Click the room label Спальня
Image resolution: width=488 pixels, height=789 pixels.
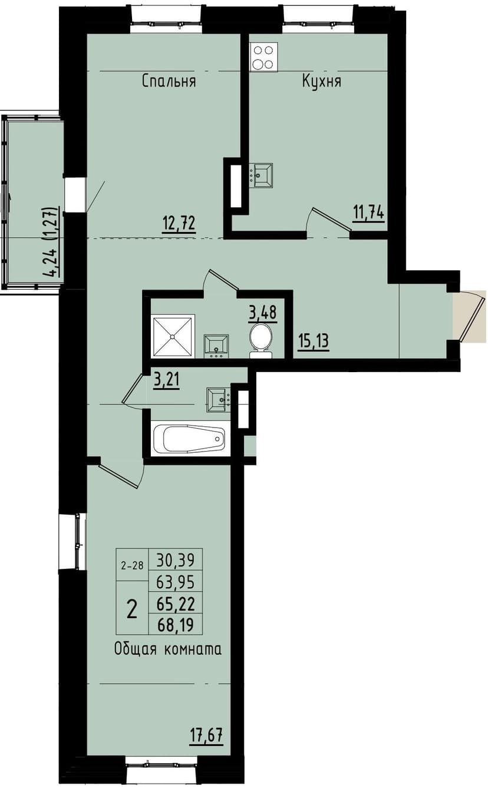(169, 81)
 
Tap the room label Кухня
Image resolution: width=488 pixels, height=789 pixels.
(322, 81)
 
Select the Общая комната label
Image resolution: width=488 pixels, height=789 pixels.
(168, 649)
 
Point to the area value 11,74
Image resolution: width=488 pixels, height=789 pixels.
(368, 211)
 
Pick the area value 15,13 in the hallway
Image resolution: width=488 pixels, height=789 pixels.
(311, 342)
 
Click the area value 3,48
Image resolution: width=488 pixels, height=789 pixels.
(263, 311)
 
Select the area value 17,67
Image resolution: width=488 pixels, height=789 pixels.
(206, 735)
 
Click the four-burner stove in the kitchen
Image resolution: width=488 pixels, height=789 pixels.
(263, 57)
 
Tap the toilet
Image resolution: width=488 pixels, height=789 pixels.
(261, 341)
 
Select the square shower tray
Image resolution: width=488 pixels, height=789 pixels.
(173, 336)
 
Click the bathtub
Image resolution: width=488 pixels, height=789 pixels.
(189, 439)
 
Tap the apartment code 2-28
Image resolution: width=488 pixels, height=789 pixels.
(132, 566)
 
